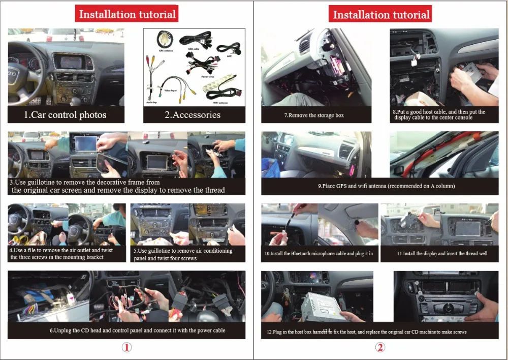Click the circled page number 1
(x=126, y=347)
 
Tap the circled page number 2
(x=380, y=347)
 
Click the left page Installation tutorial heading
(x=127, y=14)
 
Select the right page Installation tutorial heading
(x=381, y=14)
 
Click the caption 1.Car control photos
(x=66, y=115)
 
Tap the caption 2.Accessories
(x=193, y=115)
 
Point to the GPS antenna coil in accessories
(x=164, y=38)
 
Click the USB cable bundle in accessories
(x=196, y=39)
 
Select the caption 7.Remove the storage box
(x=313, y=115)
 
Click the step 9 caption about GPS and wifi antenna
(x=387, y=186)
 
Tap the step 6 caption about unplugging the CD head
(x=137, y=331)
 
